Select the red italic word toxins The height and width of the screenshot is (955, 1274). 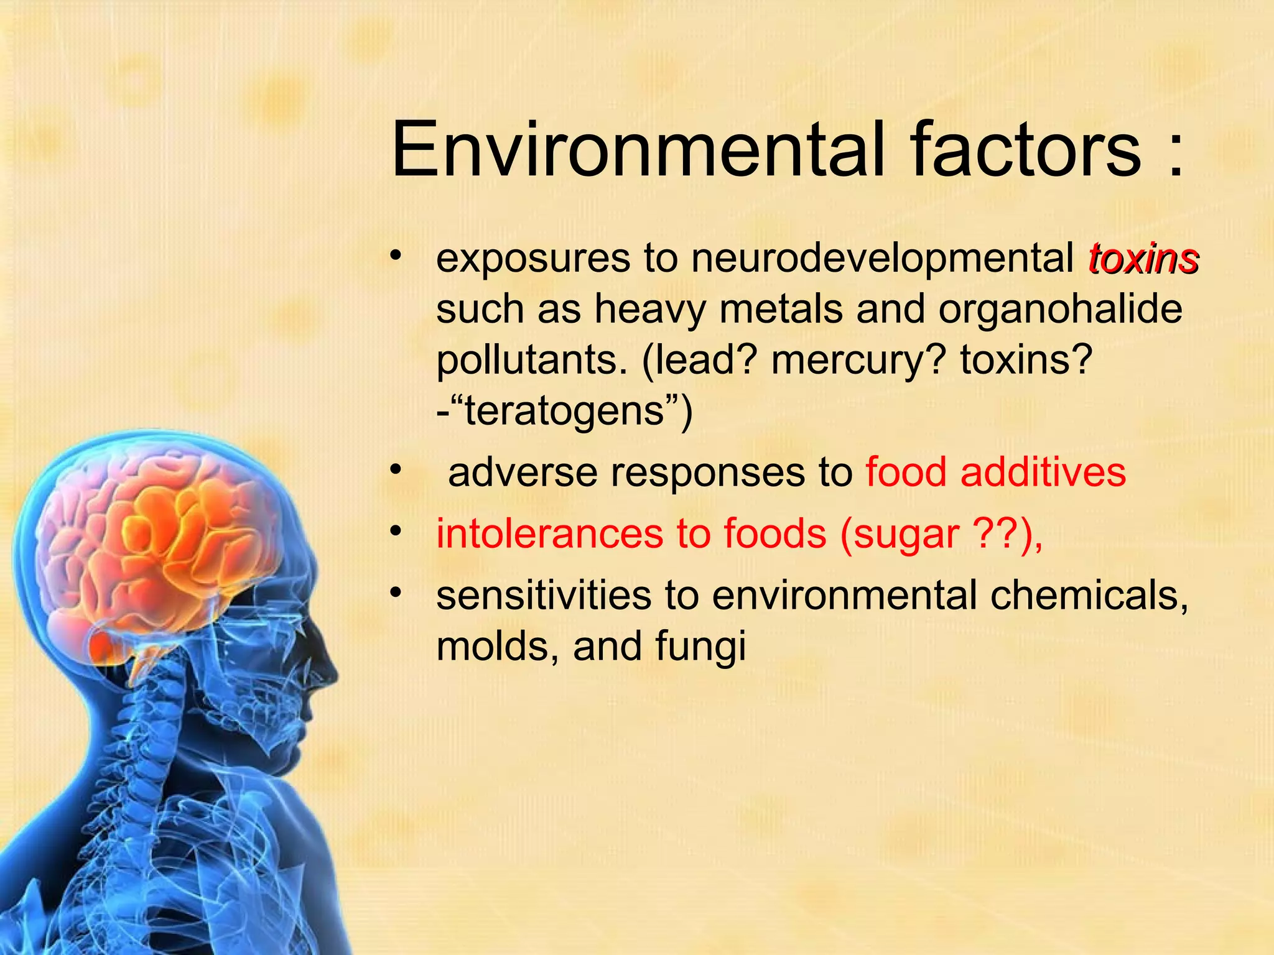(x=1143, y=259)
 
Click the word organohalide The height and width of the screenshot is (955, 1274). (x=1060, y=310)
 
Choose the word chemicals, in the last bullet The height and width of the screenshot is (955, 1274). (x=1089, y=595)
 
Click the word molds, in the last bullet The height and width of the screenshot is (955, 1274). (x=497, y=647)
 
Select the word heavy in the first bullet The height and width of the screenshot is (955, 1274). (x=650, y=310)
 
